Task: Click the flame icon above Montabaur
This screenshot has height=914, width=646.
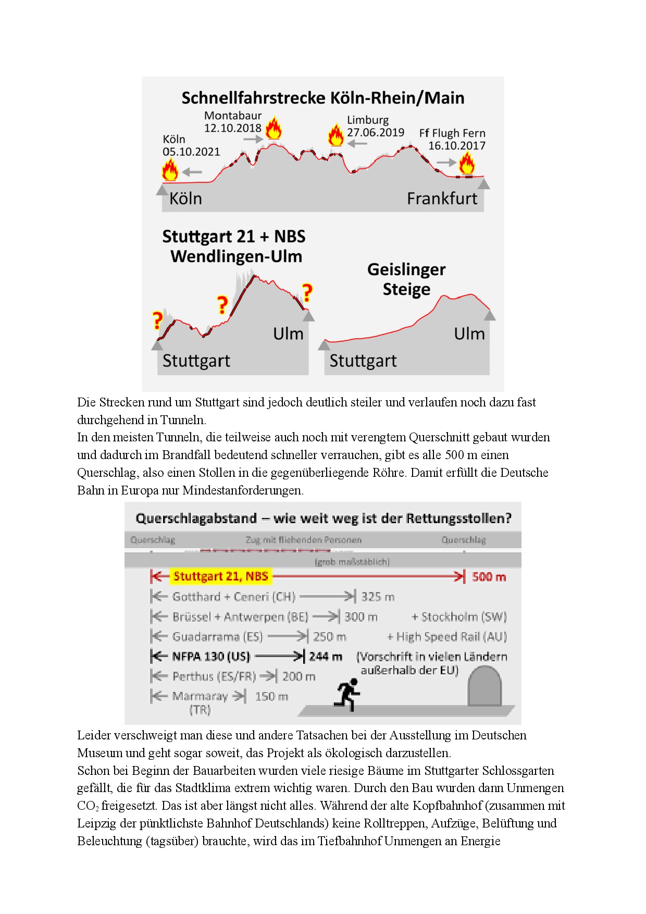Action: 273,128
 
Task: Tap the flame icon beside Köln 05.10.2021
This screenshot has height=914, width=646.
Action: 170,170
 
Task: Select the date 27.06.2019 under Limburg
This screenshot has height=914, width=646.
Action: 376,132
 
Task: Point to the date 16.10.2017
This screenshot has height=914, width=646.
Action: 457,146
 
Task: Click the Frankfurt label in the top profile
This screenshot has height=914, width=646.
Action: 442,199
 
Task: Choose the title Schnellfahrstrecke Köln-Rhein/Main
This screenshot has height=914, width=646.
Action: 322,98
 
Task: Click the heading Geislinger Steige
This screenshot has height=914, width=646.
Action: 406,279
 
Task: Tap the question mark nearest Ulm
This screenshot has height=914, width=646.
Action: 307,293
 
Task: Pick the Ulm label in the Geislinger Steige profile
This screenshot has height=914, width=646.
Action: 469,334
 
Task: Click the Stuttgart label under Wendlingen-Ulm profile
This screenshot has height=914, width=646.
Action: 196,361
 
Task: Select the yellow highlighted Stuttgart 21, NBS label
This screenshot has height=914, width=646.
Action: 221,576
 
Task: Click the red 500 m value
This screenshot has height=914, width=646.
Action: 489,577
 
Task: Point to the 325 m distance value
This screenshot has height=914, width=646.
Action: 378,597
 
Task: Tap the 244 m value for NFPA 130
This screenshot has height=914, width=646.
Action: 326,657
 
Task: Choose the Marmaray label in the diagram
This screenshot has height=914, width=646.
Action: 200,697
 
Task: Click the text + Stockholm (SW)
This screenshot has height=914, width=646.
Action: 459,617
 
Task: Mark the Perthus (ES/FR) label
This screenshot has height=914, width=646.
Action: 214,676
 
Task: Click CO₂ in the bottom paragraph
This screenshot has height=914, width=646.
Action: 88,806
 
